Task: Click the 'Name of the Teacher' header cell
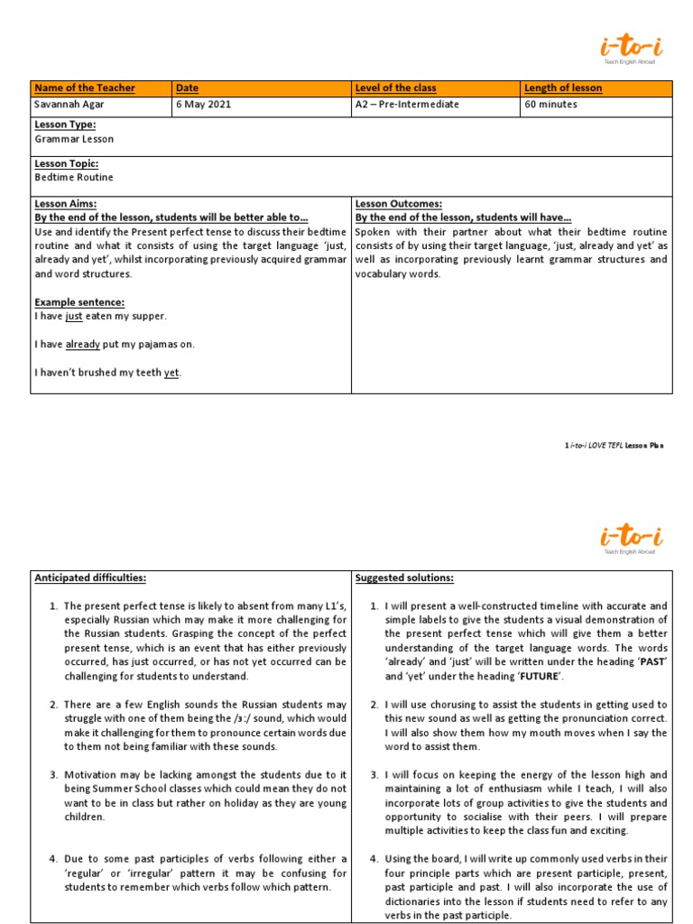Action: point(85,88)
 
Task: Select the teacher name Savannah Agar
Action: point(69,105)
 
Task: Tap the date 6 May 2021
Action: point(204,105)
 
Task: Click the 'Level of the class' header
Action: point(396,88)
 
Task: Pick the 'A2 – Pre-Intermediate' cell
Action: point(408,105)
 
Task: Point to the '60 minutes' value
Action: point(550,105)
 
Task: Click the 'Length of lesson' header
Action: point(563,88)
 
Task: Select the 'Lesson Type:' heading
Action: point(65,125)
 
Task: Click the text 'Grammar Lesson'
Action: point(74,140)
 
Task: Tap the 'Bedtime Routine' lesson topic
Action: point(74,178)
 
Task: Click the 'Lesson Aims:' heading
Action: point(65,204)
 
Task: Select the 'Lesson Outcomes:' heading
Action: point(398,204)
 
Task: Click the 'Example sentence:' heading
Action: point(79,301)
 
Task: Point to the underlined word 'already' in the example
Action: point(83,344)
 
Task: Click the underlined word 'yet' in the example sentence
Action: point(171,373)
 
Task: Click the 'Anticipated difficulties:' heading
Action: point(89,577)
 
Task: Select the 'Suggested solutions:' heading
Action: point(404,577)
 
